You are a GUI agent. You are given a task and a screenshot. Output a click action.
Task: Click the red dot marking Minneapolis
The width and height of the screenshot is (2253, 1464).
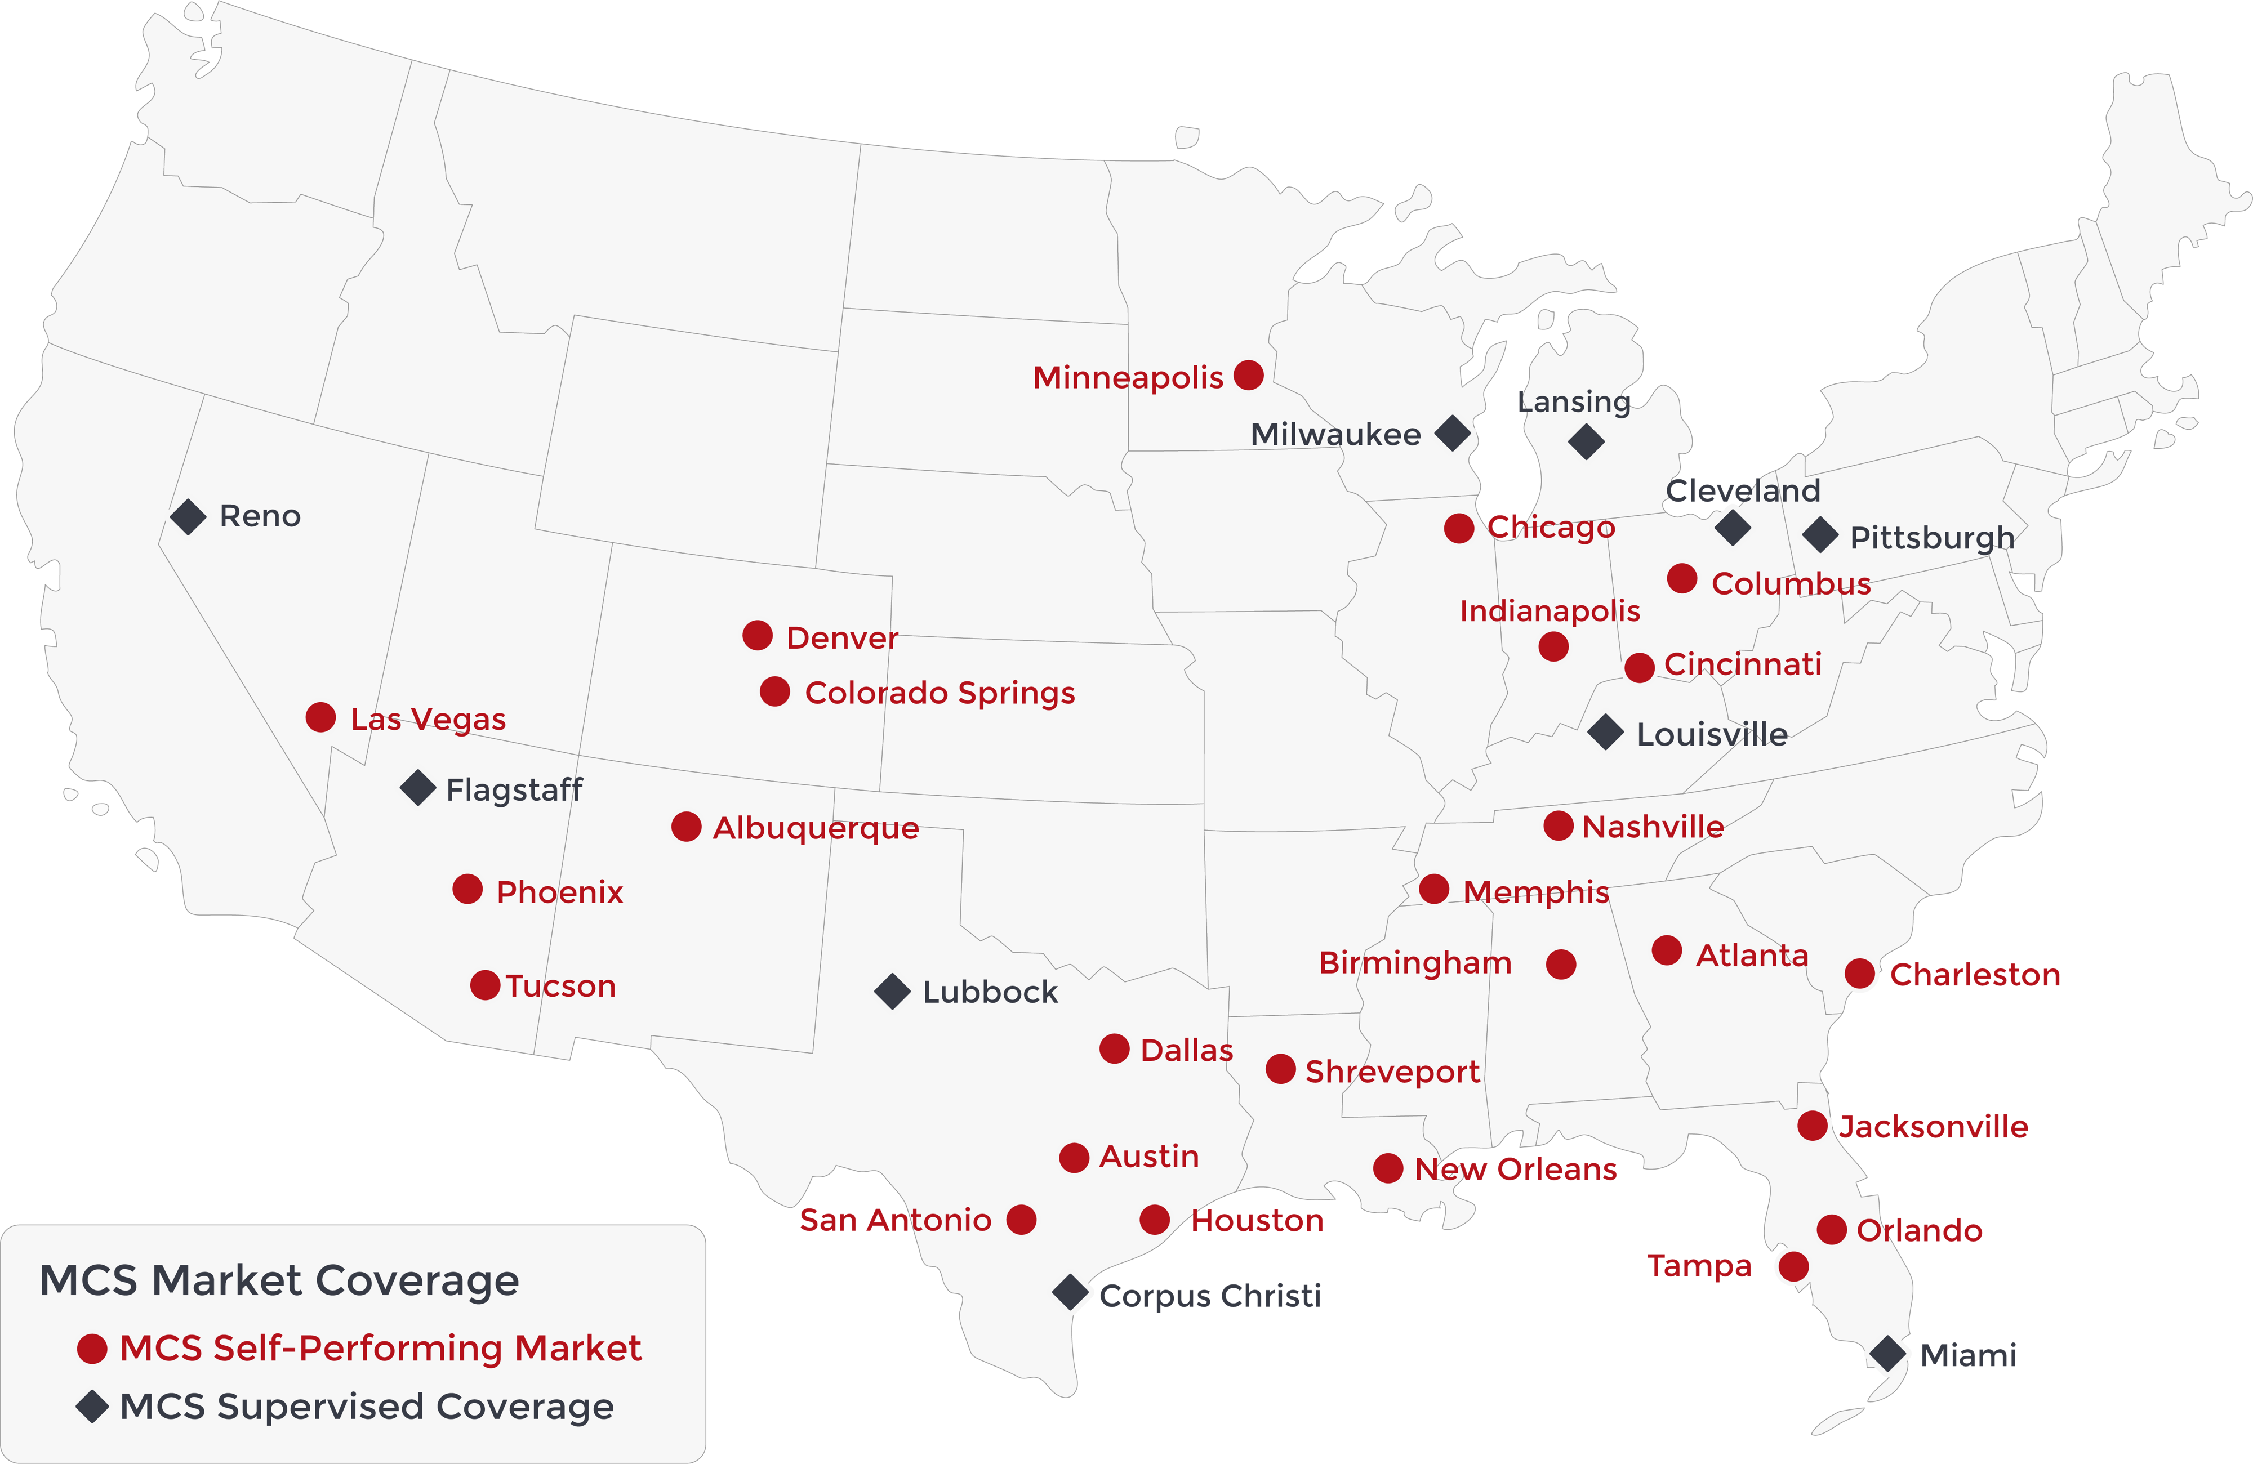[x=1249, y=376]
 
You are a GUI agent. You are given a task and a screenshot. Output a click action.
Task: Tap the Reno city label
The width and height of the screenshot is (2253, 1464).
[x=260, y=517]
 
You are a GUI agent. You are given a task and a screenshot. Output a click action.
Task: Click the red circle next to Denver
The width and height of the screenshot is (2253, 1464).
[x=758, y=635]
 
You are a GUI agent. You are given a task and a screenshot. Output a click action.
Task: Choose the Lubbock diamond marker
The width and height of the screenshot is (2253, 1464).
[x=892, y=991]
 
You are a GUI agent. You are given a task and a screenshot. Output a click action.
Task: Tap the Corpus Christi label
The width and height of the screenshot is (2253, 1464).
[x=1210, y=1296]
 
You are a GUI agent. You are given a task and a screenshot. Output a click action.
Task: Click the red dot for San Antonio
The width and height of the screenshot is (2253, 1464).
[x=1021, y=1220]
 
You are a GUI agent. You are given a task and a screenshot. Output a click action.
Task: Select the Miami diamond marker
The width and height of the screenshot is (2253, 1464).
[x=1887, y=1353]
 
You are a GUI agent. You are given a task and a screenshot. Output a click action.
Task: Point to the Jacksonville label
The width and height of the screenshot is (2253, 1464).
[x=1933, y=1127]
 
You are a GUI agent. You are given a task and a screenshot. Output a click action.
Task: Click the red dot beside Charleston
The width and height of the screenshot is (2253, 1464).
[x=1859, y=973]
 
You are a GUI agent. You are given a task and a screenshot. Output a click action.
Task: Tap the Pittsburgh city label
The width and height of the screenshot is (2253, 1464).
[x=1932, y=538]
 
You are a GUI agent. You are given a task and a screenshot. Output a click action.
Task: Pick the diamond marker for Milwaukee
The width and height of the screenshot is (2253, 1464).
[x=1452, y=434]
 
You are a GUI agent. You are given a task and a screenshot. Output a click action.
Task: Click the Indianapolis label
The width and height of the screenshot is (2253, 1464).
[x=1550, y=612]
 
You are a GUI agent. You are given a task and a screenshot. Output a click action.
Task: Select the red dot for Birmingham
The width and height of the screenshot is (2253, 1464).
[x=1561, y=965]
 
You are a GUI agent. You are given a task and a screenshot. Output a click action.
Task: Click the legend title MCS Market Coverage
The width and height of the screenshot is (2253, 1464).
[x=279, y=1280]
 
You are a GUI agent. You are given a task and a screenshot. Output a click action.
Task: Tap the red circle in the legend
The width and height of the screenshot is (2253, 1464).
[x=92, y=1349]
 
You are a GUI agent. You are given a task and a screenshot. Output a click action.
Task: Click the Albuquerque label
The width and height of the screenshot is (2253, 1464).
[x=815, y=828]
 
